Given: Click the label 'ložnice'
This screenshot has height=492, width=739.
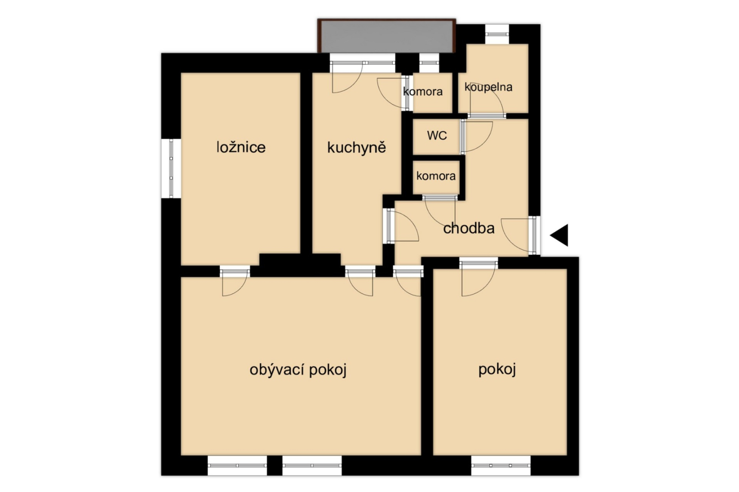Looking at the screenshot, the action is (241, 147).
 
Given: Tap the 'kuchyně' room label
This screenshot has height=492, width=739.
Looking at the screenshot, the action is (356, 147).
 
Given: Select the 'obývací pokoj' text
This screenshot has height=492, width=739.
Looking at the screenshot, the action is (298, 370).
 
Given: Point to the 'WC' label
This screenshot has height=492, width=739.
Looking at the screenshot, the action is (437, 135).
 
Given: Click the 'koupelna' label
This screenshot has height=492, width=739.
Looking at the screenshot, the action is (488, 87).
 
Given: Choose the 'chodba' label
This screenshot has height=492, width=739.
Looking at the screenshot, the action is (469, 228).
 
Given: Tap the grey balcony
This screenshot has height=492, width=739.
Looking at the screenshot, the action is (387, 36).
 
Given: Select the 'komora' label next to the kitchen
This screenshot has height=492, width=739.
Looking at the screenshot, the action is (423, 92).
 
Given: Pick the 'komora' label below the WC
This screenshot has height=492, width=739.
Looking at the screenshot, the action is (436, 176).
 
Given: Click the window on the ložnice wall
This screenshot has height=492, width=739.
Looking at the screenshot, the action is (171, 169).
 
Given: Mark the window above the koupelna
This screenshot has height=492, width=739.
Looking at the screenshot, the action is (497, 34).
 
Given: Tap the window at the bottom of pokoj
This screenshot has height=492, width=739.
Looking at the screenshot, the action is (501, 465).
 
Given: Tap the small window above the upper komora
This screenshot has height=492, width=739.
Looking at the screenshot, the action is (429, 62).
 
